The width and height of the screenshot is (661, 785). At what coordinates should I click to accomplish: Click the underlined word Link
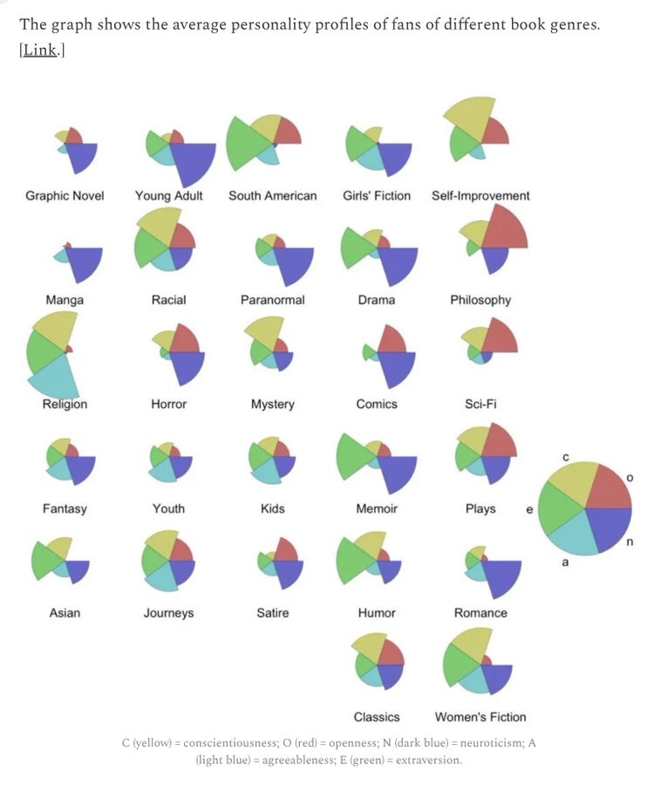click(x=39, y=50)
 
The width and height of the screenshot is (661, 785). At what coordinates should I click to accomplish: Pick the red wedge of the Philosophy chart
click(x=503, y=231)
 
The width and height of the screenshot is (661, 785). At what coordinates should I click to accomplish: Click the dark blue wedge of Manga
click(x=84, y=262)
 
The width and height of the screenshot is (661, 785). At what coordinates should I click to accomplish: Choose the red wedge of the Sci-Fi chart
click(x=499, y=337)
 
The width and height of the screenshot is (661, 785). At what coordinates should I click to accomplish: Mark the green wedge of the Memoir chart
click(x=352, y=456)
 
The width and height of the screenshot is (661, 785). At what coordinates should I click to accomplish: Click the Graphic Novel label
click(x=65, y=195)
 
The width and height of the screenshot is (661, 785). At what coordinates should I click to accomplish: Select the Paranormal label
click(x=273, y=300)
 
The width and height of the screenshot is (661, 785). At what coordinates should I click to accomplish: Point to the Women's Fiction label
click(x=480, y=717)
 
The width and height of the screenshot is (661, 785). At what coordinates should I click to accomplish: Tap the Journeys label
click(x=168, y=613)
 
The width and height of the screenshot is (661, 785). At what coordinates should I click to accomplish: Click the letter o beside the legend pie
click(x=630, y=478)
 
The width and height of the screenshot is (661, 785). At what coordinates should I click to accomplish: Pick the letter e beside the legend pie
click(x=529, y=509)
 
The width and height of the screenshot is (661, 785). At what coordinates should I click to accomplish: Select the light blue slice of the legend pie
click(x=573, y=533)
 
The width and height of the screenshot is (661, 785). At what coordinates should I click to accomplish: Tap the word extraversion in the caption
click(x=428, y=760)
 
